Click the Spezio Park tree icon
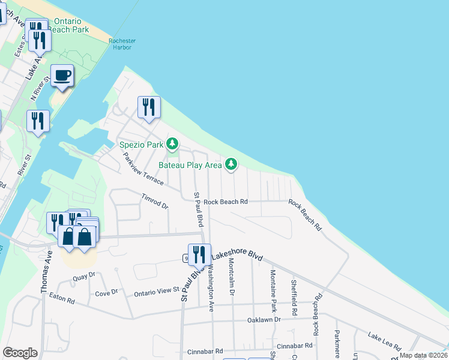pyautogui.click(x=172, y=144)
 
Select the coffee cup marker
pyautogui.click(x=62, y=76)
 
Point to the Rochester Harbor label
pyautogui.click(x=122, y=44)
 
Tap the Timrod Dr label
pyautogui.click(x=155, y=201)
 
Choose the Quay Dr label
pyautogui.click(x=83, y=276)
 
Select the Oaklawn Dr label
pyautogui.click(x=264, y=320)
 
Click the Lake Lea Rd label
pyautogui.click(x=384, y=341)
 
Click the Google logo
pyautogui.click(x=20, y=353)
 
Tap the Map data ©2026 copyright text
pyautogui.click(x=423, y=355)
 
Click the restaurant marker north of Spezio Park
pyautogui.click(x=148, y=107)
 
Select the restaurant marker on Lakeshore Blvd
pyautogui.click(x=199, y=255)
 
